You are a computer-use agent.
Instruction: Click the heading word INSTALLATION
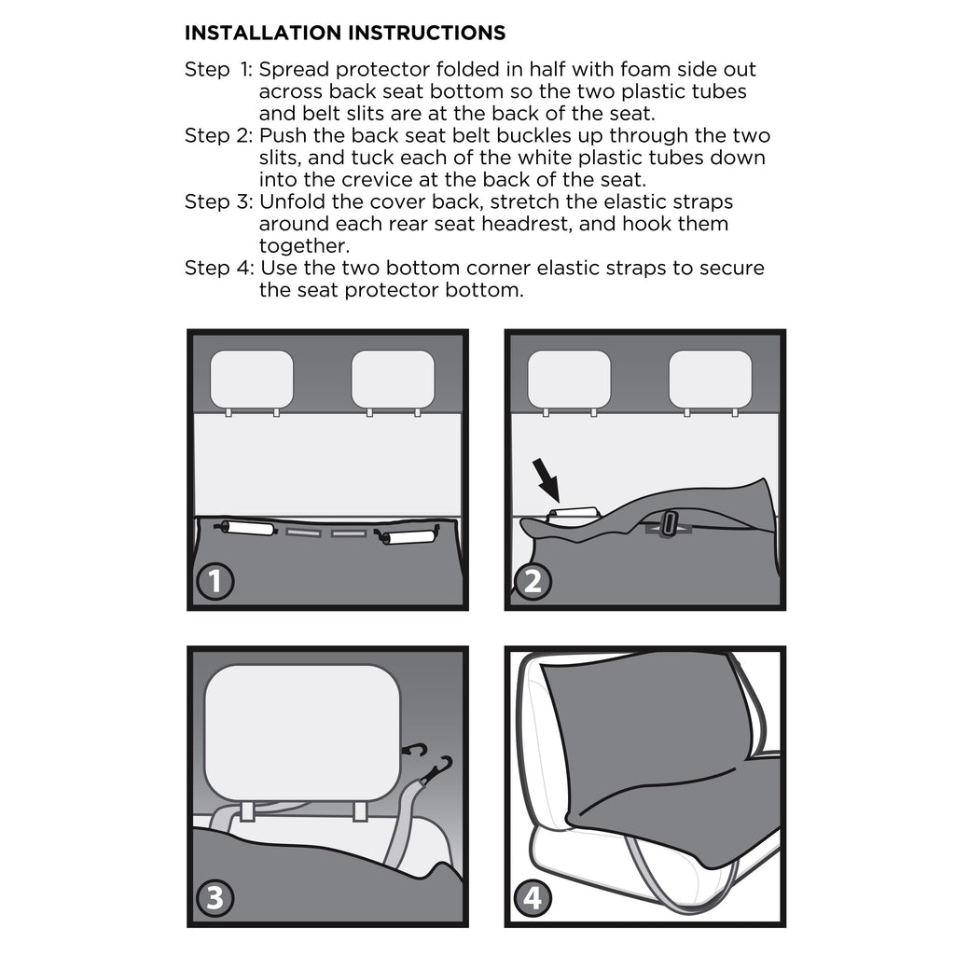pos(263,33)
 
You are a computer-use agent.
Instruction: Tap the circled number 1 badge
pos(215,581)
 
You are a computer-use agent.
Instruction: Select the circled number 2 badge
pos(533,581)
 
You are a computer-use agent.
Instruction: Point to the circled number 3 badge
pos(215,898)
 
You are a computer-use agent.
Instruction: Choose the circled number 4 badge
pos(533,898)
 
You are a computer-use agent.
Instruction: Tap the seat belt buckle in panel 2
pos(669,524)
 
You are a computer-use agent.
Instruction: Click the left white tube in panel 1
pos(247,528)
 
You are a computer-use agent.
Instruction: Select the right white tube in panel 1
pos(408,537)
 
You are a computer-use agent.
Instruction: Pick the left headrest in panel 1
pos(252,379)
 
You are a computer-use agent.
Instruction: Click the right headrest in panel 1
pos(393,379)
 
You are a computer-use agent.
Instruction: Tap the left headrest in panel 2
pos(569,379)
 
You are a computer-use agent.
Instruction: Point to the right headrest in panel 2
pos(710,379)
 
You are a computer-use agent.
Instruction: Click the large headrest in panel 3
pos(303,733)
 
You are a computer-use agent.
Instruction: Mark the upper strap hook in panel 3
pos(416,752)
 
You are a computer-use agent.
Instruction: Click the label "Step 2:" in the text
pos(218,136)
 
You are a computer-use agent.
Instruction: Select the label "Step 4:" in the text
pos(219,268)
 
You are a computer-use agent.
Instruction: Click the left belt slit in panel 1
pos(303,533)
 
